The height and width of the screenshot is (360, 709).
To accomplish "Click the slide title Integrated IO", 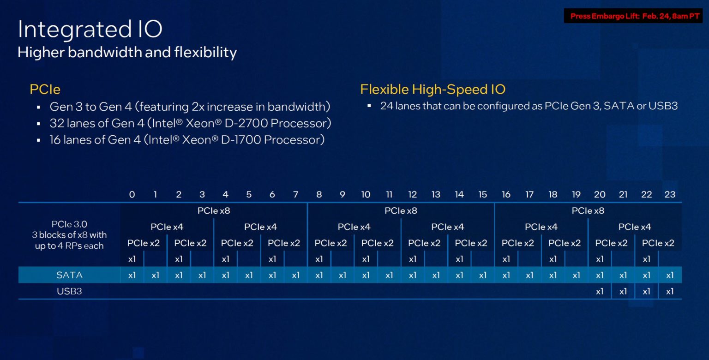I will click(90, 30).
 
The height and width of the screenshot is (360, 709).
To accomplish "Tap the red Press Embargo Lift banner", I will click(635, 16).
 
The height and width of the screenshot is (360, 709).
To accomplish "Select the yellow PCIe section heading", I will click(45, 89).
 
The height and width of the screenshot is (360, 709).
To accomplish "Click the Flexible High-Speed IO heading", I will click(433, 89).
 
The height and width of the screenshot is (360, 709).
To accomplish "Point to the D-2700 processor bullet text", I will click(190, 124).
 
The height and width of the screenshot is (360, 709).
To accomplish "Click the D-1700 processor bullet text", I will click(187, 140).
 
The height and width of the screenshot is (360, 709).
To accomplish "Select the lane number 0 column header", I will click(132, 194).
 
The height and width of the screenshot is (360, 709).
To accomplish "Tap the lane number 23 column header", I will click(670, 194).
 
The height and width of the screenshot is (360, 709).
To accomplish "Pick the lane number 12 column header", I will click(412, 194).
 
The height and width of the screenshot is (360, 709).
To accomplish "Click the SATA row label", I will click(69, 275).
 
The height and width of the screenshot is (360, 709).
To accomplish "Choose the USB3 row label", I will click(69, 291).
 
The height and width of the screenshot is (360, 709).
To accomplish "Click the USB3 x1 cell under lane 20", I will click(600, 291).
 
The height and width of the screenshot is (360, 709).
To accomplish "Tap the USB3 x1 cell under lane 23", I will click(670, 291).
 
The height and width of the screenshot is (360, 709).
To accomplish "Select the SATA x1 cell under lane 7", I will click(295, 275).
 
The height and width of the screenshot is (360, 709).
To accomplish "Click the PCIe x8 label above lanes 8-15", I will click(401, 211).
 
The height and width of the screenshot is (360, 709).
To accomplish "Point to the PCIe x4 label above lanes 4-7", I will click(260, 227).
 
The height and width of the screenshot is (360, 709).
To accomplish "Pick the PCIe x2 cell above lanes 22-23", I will click(658, 243).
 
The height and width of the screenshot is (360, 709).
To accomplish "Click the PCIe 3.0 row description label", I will click(69, 235).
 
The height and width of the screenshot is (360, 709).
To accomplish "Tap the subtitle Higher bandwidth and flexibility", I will click(127, 52).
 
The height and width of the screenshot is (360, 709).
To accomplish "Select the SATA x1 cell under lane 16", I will click(506, 275).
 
